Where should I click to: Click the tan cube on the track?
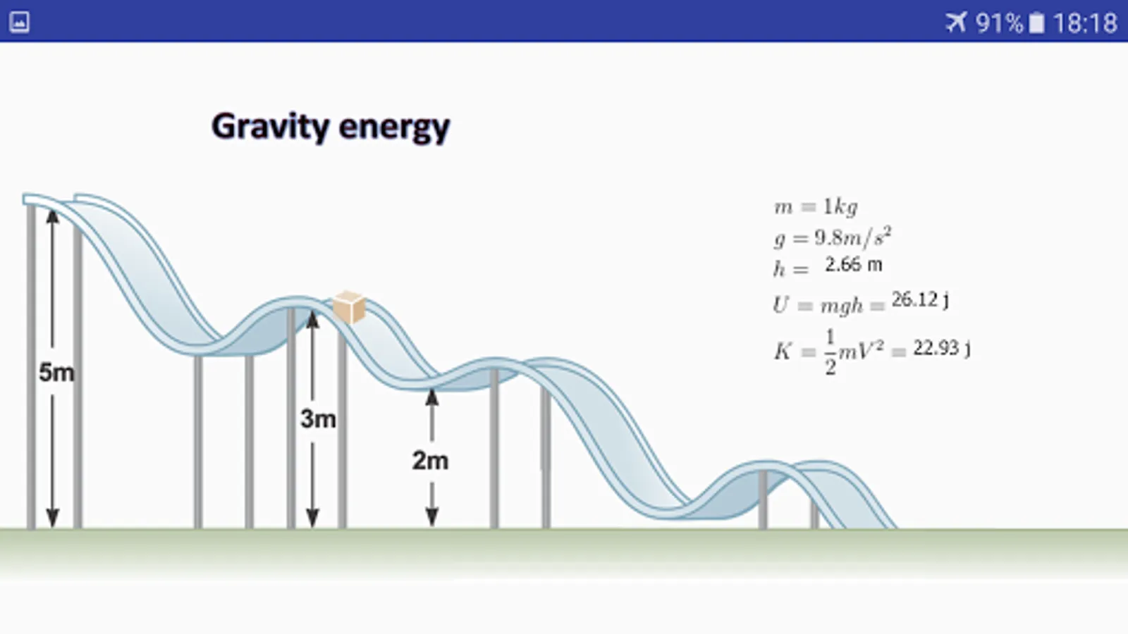(349, 307)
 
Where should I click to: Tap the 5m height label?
(56, 373)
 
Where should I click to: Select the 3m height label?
(318, 418)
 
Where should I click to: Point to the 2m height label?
(430, 461)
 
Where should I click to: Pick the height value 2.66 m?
(854, 265)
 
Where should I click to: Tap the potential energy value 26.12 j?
(920, 300)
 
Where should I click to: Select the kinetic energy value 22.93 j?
(942, 348)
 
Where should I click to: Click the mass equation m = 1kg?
(816, 207)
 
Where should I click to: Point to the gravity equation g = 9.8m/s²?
(833, 237)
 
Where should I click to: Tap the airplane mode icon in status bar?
(956, 23)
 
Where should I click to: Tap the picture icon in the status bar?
(19, 22)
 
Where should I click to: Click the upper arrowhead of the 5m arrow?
(52, 217)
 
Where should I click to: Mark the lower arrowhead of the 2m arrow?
(431, 517)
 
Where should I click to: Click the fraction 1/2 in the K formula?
(830, 352)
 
